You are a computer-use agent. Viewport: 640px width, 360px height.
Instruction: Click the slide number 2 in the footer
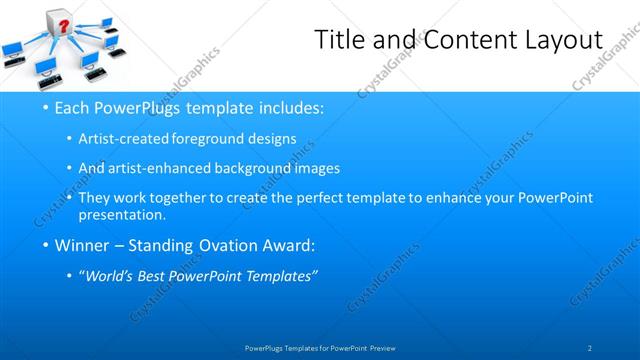pos(590,347)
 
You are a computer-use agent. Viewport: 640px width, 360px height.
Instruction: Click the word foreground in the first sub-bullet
pos(220,139)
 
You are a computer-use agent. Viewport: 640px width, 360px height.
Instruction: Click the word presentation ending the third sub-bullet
pos(128,214)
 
